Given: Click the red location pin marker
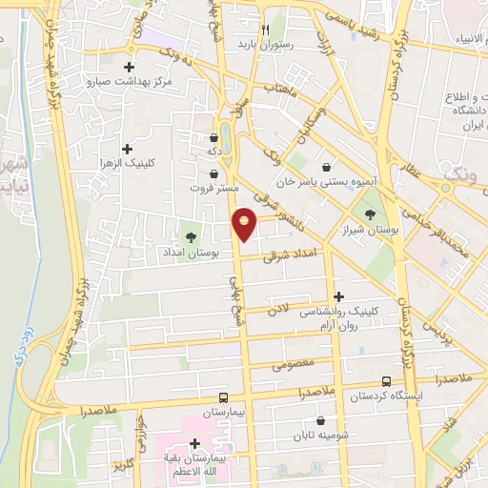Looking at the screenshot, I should pos(245,224).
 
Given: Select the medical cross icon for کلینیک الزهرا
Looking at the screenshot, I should pos(127,149).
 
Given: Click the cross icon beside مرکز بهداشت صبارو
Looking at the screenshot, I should pos(130,68).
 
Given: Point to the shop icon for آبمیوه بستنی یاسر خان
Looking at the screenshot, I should pos(330,166).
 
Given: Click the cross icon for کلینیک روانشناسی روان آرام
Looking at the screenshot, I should pos(338,296).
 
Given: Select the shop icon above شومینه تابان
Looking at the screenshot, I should pos(319,419).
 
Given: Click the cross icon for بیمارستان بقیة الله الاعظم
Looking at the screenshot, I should pos(195,443).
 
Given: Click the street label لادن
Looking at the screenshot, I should pos(277,310).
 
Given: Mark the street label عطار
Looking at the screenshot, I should pos(413,168).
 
